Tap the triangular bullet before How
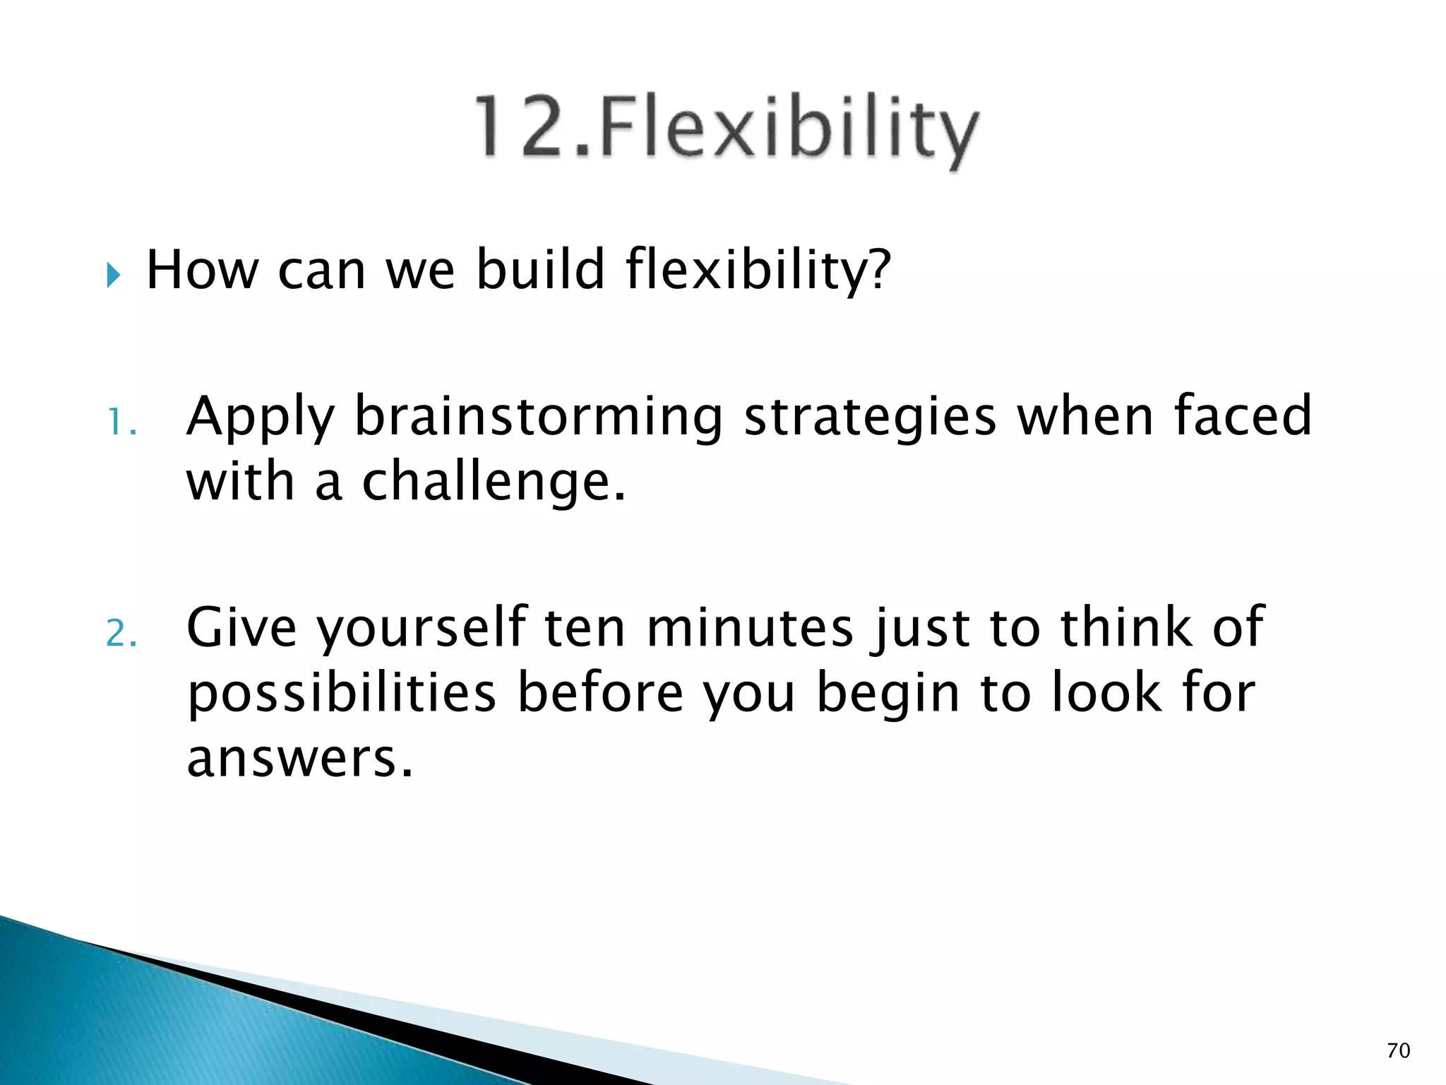pos(114,274)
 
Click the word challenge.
pos(493,483)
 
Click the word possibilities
pos(342,694)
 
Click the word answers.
pos(299,759)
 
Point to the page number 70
pos(1398,1050)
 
